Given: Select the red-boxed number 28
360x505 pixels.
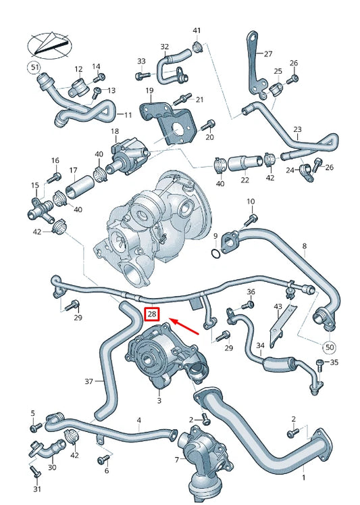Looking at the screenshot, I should tap(153, 314).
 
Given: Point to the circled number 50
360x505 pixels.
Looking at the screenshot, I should tap(330, 347).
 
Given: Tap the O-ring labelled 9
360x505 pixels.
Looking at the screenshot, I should tap(215, 254).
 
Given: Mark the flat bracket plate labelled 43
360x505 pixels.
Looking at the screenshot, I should tap(282, 327).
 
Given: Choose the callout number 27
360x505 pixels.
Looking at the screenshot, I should tap(267, 54).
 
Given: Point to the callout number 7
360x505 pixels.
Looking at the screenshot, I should tap(177, 460).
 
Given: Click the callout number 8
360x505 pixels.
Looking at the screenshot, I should tap(304, 246).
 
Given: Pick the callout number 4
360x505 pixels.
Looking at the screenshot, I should tap(139, 420).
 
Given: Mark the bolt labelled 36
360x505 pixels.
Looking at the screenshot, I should tap(247, 305).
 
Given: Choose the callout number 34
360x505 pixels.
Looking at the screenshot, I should tap(261, 347).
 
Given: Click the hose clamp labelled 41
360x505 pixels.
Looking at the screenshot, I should tap(198, 47).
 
